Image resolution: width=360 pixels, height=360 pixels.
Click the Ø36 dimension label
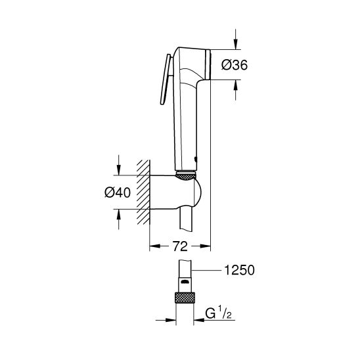pos(234,64)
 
